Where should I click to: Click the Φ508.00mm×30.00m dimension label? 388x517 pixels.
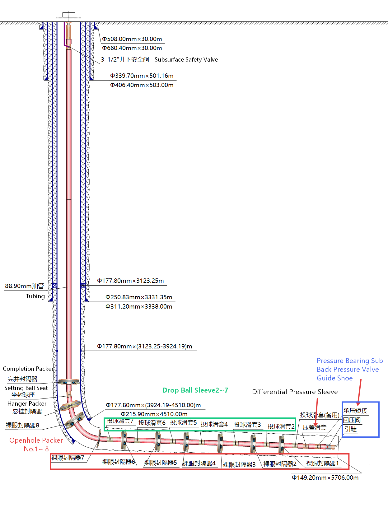coord(132,39)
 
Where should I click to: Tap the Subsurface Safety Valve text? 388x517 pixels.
coord(186,59)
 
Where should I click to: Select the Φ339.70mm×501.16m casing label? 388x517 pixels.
coord(142,76)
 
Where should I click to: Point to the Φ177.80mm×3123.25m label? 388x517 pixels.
coord(130,281)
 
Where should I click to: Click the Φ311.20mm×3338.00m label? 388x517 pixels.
coord(139,306)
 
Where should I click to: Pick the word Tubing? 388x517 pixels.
coord(35,296)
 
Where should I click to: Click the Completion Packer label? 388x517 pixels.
coord(28,369)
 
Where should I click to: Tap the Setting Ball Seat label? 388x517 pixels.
coord(26,388)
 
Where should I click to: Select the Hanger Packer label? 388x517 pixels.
coord(27,403)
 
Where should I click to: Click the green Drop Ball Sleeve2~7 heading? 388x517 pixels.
coord(195,390)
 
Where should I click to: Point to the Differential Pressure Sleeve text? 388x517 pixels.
coord(295,392)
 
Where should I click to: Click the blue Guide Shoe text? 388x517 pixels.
coord(334,378)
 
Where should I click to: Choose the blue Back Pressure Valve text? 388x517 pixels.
coord(348,369)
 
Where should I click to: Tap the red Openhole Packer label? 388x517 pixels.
coord(36,440)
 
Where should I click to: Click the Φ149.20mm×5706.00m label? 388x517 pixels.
coord(325,477)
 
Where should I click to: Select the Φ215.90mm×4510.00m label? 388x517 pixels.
coord(154,414)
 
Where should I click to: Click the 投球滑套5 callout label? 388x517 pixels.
coord(183,422)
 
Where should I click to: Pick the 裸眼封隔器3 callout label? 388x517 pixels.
coord(239,464)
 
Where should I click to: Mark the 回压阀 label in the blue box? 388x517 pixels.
coord(352,420)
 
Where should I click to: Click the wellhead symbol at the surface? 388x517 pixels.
coord(68,15)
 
